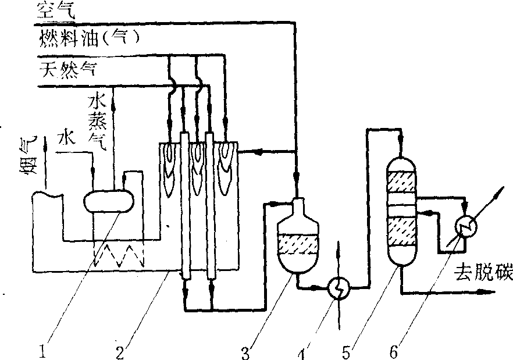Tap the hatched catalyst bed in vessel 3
point(298,245)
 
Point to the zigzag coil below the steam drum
point(120,254)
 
